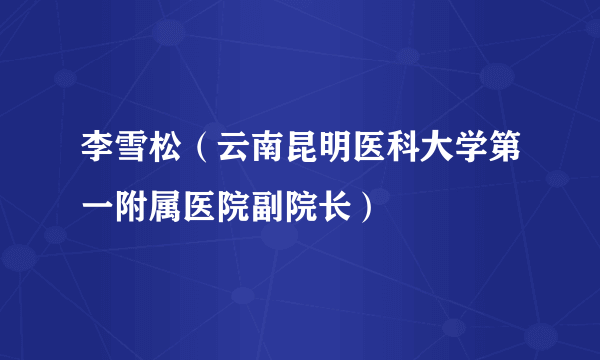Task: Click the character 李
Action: point(98,159)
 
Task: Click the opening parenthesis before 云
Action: point(201,159)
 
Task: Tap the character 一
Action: point(98,208)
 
